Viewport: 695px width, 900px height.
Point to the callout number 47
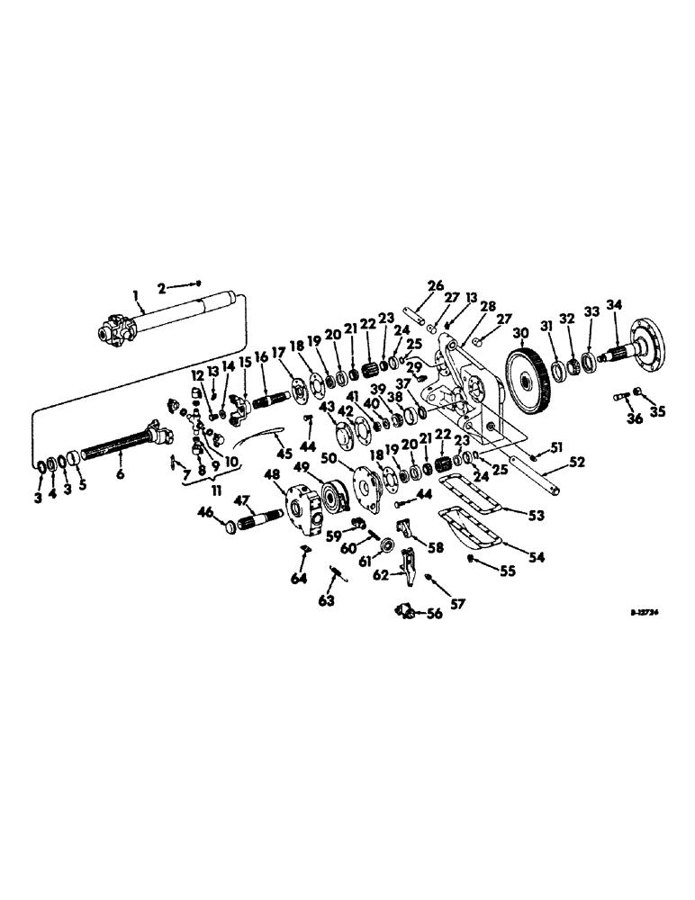click(x=241, y=500)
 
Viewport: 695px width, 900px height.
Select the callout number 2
click(x=162, y=288)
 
